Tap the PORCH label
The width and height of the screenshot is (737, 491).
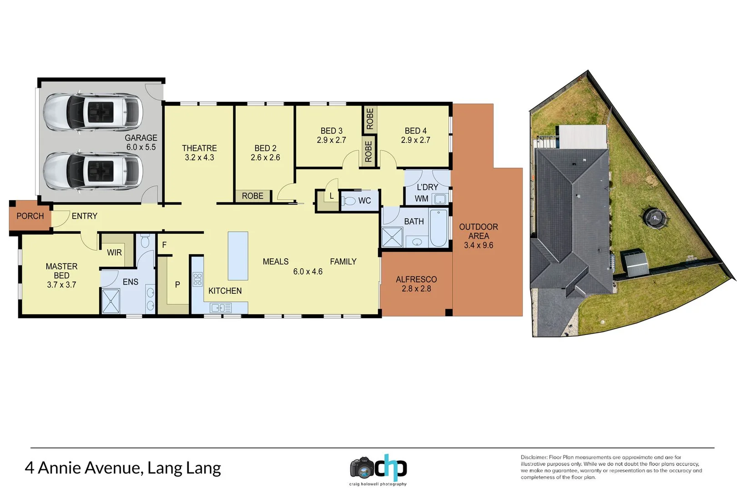click(x=30, y=216)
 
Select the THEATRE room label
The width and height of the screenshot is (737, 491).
click(x=199, y=148)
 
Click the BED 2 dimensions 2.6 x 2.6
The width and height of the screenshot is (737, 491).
click(x=265, y=158)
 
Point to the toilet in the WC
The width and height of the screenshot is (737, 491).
click(x=349, y=200)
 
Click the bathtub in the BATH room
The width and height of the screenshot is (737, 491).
click(x=439, y=228)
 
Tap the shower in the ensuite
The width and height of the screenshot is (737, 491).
click(x=111, y=301)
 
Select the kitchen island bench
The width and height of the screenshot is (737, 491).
click(x=238, y=256)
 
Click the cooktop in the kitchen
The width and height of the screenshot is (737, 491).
click(x=197, y=279)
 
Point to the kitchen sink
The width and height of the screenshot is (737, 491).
click(x=221, y=308)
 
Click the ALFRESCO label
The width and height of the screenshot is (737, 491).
click(x=416, y=279)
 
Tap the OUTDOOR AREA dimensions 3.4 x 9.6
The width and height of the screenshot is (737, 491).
click(x=478, y=245)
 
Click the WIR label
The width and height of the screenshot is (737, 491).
click(x=114, y=252)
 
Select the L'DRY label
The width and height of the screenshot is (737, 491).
click(x=427, y=187)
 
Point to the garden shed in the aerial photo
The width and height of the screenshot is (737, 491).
click(x=636, y=264)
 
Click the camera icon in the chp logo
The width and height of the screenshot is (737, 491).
click(x=362, y=468)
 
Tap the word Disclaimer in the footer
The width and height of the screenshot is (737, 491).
click(x=534, y=457)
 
